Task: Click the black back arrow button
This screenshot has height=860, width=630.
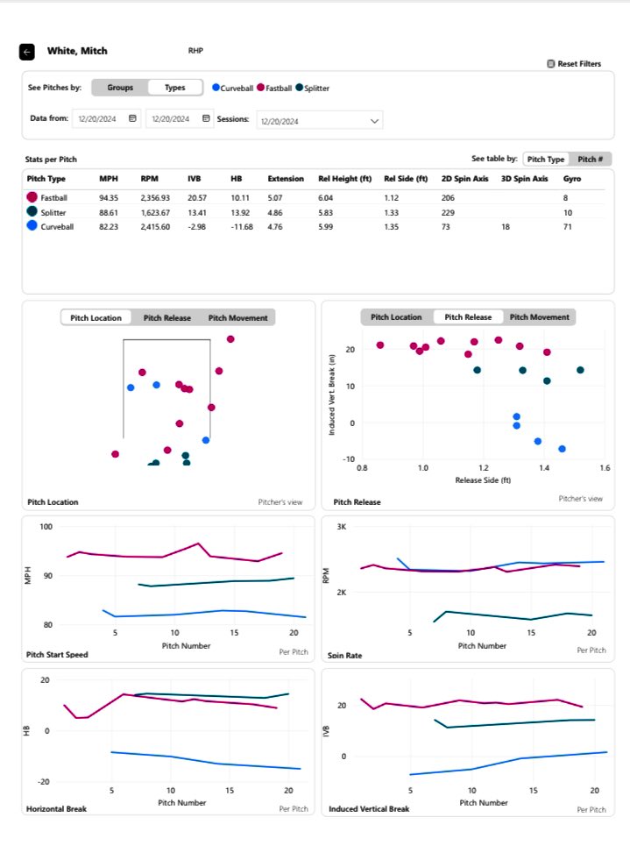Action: pos(27,52)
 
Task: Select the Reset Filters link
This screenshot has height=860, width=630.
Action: pos(574,64)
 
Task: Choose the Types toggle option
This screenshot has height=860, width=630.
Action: pos(175,88)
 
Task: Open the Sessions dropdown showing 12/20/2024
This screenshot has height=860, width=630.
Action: pos(319,120)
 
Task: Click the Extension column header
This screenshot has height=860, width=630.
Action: pos(286,179)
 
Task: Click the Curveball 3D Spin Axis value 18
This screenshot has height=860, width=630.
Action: pos(504,226)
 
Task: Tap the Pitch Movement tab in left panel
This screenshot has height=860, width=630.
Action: pos(237,317)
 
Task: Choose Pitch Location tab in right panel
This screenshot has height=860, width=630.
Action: pos(396,317)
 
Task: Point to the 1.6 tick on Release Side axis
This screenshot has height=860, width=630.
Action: pos(605,469)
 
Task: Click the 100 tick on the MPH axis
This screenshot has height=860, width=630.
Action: pos(46,527)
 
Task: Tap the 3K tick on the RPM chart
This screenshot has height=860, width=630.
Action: pos(343,527)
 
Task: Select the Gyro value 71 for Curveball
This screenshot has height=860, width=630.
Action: pos(569,226)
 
